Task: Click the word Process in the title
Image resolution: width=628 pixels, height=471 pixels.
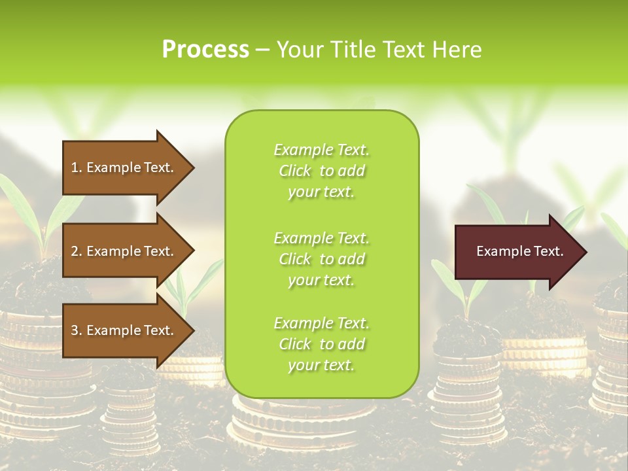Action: (x=205, y=50)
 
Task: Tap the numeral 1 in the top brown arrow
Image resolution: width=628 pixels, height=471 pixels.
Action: (x=75, y=167)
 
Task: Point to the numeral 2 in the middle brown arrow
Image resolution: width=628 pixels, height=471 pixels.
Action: (x=75, y=251)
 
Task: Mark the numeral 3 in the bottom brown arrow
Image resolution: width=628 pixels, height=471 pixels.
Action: (x=75, y=330)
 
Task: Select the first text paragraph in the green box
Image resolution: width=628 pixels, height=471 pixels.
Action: (x=321, y=171)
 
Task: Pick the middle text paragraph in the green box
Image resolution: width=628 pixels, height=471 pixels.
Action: (x=321, y=258)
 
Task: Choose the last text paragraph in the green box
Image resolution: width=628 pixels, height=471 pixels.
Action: (x=321, y=344)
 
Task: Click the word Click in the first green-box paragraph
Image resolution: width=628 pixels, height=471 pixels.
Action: (x=295, y=171)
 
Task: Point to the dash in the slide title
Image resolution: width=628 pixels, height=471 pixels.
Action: (x=262, y=50)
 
